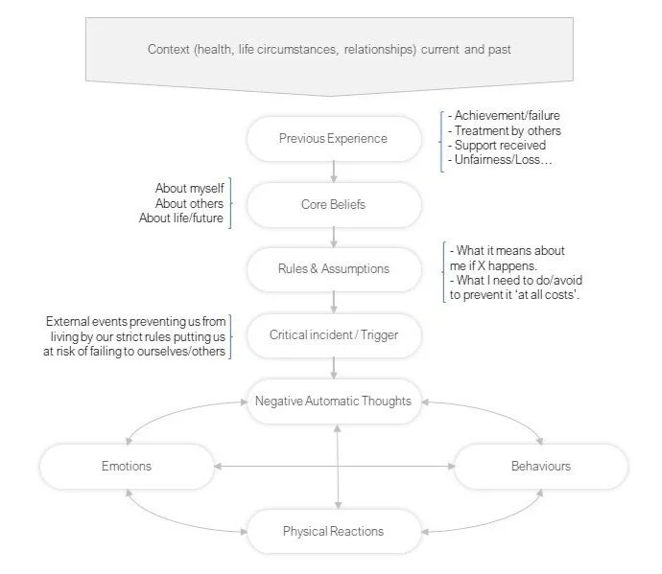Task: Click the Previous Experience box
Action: pos(333,139)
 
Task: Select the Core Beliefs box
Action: pos(333,204)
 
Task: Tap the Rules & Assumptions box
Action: pos(333,269)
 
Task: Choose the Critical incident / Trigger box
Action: pos(333,335)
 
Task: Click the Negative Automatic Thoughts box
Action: pos(333,401)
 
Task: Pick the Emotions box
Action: pos(127,467)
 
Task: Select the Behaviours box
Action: pos(540,467)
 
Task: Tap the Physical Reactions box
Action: pos(333,531)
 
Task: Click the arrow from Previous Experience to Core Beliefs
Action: pos(333,172)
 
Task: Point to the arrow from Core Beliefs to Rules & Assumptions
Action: pos(333,237)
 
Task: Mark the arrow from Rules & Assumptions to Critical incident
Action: pos(333,302)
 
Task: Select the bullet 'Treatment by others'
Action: pos(508,131)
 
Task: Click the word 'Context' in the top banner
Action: pos(168,49)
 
